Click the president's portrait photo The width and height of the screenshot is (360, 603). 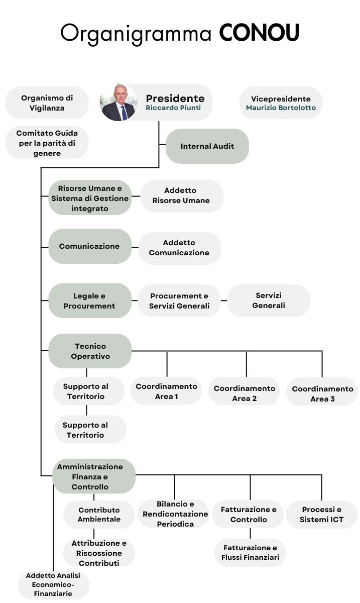click(118, 103)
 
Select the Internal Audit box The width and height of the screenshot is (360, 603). click(207, 146)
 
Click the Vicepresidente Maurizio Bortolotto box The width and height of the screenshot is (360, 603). click(281, 103)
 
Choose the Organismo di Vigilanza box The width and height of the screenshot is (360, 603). click(47, 103)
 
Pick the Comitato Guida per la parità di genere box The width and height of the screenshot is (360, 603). click(47, 143)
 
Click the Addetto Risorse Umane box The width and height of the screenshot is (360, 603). click(181, 195)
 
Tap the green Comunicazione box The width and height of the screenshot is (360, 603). click(89, 246)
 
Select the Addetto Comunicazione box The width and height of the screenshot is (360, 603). click(179, 248)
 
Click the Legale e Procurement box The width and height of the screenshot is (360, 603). click(89, 300)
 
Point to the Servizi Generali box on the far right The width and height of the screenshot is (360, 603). click(269, 300)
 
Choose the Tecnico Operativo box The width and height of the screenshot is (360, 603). click(90, 351)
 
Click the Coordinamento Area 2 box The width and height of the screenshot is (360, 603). click(244, 393)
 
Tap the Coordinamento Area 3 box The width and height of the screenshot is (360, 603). click(322, 393)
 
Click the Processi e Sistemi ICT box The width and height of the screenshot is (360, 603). click(322, 514)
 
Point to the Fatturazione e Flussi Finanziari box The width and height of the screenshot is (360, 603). click(250, 552)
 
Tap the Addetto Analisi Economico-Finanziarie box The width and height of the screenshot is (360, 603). click(54, 584)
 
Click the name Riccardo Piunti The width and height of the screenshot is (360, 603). click(173, 108)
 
